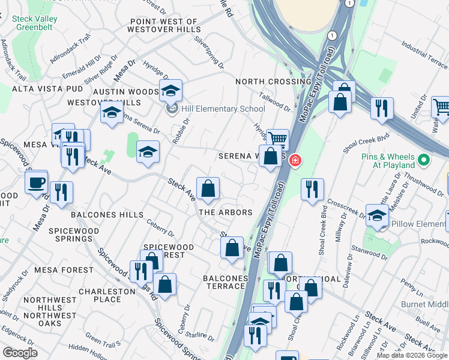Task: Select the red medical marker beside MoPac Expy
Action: click(x=295, y=160)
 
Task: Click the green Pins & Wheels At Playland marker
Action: click(x=424, y=160)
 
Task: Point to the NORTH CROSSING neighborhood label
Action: click(x=273, y=82)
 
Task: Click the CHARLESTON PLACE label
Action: click(x=111, y=295)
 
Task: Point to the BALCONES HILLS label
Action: click(x=107, y=214)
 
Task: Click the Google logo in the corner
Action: click(x=20, y=353)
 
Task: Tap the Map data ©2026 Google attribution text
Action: click(x=412, y=355)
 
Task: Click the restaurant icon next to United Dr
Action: click(x=382, y=108)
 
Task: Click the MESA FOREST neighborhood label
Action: click(x=64, y=270)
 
